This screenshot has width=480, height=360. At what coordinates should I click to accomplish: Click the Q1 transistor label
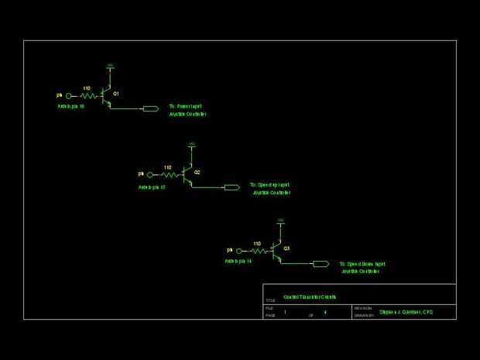click(x=116, y=93)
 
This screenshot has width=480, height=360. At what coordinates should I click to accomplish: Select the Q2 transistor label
click(x=197, y=171)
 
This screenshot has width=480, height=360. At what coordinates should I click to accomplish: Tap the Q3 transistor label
click(x=286, y=248)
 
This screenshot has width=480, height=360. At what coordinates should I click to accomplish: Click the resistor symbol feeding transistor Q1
click(x=87, y=96)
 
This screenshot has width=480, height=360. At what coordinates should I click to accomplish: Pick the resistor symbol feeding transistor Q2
click(x=168, y=174)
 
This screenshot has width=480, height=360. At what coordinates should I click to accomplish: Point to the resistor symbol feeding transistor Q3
click(x=257, y=251)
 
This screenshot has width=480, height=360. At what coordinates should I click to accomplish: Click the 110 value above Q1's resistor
click(x=87, y=88)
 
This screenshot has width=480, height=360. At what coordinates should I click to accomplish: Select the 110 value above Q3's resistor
click(x=256, y=243)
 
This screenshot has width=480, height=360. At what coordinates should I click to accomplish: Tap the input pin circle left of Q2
click(x=150, y=174)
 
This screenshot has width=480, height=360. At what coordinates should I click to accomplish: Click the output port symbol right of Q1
click(x=151, y=109)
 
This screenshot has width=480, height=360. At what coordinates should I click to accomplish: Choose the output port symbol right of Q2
click(x=231, y=187)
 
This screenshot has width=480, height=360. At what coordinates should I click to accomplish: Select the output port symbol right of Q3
click(x=321, y=264)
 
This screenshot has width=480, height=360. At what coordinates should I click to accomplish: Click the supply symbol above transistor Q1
click(x=110, y=67)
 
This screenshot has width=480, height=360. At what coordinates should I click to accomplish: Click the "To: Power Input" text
click(x=186, y=106)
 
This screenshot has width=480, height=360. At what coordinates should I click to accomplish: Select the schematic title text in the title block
click(x=310, y=297)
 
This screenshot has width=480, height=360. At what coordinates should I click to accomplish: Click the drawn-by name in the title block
click(x=406, y=312)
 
